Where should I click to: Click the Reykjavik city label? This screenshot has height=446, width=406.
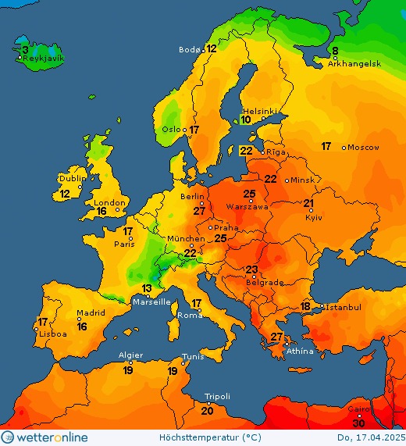coord(44,59)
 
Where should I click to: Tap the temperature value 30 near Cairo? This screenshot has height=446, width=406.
coord(358,423)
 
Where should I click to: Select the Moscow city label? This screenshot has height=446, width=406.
coord(363,148)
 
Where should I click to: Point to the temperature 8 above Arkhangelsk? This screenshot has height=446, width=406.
coord(335,52)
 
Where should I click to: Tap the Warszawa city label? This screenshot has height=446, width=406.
coord(247,207)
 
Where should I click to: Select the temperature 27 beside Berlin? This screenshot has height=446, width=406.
coord(200,211)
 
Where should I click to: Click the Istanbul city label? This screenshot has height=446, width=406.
coord(344,308)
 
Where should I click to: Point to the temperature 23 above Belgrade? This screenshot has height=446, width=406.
coord(251,270)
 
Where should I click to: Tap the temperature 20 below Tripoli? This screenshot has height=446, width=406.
coord(208,411)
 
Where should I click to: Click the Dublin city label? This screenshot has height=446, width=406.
coord(71,178)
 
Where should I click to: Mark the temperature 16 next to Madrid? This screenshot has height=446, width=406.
coord(82,326)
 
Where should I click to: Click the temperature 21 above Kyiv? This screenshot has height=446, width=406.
coord(309,204)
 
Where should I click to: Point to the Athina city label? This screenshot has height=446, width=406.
coord(301,351)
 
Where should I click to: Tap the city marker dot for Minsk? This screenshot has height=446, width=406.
coord(287,180)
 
